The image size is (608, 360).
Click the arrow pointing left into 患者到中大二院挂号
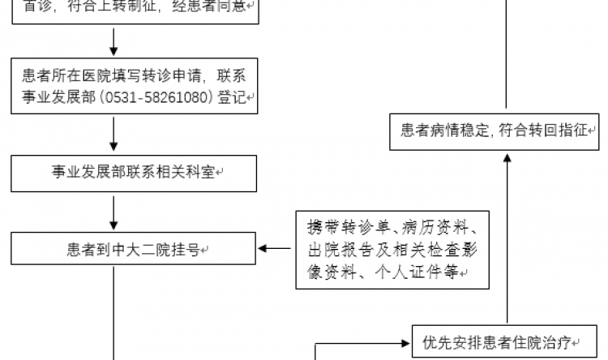(x=275, y=248)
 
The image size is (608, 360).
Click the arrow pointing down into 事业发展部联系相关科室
(x=114, y=134)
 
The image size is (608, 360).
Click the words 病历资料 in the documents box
(x=445, y=225)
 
